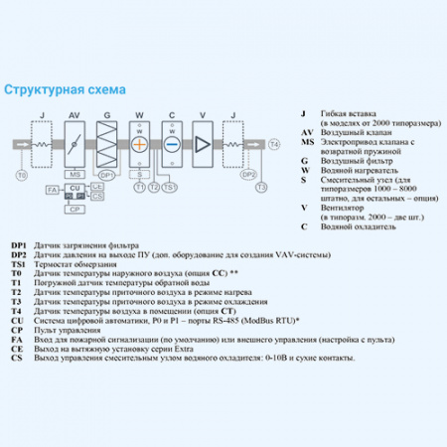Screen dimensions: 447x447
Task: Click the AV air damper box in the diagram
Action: pyautogui.click(x=74, y=145)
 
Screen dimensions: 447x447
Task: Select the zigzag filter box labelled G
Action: pyautogui.click(x=105, y=145)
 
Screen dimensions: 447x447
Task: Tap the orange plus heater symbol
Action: pyautogui.click(x=139, y=144)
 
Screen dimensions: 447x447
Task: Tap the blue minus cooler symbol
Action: pyautogui.click(x=172, y=144)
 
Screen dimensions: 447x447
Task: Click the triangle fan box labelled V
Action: pyautogui.click(x=205, y=145)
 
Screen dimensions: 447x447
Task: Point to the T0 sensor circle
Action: pyautogui.click(x=21, y=175)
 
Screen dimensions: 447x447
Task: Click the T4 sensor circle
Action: pyautogui.click(x=275, y=145)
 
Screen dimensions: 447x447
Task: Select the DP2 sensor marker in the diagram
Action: pyautogui.click(x=248, y=175)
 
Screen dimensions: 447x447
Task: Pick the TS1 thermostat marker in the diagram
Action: pyautogui.click(x=170, y=186)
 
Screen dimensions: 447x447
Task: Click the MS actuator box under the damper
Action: pyautogui.click(x=74, y=175)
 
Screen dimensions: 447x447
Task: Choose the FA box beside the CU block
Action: pyautogui.click(x=53, y=189)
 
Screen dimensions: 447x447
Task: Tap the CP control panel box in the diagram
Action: pyautogui.click(x=74, y=210)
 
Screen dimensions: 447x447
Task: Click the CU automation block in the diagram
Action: pyautogui.click(x=74, y=189)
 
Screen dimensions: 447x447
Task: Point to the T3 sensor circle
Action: pyautogui.click(x=261, y=186)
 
